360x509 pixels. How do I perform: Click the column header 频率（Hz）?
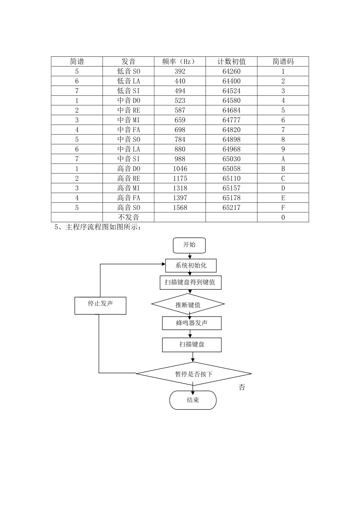click(180, 61)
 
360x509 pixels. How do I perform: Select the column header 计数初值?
click(232, 61)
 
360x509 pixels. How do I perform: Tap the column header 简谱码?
click(283, 61)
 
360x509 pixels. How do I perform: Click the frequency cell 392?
click(180, 71)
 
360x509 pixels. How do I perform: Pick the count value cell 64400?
click(232, 81)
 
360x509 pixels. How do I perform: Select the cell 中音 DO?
click(128, 100)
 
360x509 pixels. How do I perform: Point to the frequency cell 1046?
click(180, 169)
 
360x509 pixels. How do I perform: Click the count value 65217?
click(232, 208)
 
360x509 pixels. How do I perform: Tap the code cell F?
click(283, 208)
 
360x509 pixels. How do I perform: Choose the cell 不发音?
click(128, 217)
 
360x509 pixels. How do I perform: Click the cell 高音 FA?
click(128, 198)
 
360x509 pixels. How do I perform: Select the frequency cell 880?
click(180, 149)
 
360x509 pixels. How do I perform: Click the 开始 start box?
click(189, 245)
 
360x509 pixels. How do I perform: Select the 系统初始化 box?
click(191, 265)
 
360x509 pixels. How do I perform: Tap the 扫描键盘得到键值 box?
click(190, 283)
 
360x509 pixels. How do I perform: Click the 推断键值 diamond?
click(188, 304)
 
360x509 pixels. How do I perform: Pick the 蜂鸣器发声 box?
click(192, 323)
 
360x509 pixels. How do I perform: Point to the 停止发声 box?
click(100, 305)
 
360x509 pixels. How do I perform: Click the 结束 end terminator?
click(193, 400)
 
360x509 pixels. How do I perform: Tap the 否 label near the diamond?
click(242, 387)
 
